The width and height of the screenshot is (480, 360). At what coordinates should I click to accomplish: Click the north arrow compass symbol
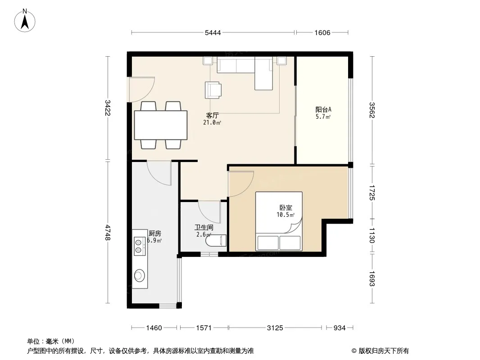25,21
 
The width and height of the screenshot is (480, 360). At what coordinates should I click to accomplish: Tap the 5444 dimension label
213,33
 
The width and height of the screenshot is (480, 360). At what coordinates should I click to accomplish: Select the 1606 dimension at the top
322,33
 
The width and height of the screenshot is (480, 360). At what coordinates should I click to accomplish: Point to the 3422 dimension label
108,108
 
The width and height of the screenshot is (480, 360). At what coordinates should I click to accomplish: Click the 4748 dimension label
108,232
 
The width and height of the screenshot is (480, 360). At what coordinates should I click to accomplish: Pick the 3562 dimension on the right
372,110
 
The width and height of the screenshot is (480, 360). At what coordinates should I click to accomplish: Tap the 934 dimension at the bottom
340,328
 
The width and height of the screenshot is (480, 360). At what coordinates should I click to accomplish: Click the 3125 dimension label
275,328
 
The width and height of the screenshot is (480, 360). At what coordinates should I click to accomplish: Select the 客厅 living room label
212,115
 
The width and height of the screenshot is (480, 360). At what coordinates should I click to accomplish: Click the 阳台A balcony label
323,109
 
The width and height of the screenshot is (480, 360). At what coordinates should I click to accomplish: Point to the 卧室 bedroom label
285,208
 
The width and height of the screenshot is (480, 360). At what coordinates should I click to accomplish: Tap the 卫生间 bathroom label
204,228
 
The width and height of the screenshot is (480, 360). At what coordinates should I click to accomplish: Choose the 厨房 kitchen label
154,234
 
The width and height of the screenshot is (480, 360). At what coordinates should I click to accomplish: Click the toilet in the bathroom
216,241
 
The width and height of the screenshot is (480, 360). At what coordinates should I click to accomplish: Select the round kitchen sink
139,275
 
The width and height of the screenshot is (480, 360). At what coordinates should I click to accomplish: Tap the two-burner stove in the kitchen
139,246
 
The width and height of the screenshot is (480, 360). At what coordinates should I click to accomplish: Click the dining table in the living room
161,125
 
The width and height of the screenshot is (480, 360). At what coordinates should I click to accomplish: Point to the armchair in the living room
213,90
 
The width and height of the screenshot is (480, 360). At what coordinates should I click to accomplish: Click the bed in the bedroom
279,221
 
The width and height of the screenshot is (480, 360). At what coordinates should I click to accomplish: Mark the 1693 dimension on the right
372,279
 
